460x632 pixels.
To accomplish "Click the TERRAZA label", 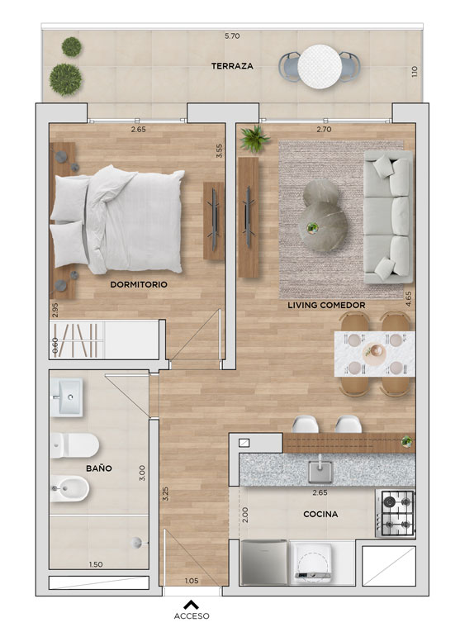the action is click(x=232, y=66).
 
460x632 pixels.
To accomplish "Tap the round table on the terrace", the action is click(x=320, y=67).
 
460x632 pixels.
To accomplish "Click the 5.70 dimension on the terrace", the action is click(x=232, y=36).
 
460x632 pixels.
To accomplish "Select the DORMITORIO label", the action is click(x=139, y=284).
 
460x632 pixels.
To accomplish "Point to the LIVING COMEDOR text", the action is click(x=326, y=305).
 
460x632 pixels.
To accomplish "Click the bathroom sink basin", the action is click(x=66, y=397).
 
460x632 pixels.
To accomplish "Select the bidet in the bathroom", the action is click(x=69, y=488).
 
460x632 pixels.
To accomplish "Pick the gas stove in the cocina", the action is click(x=395, y=514).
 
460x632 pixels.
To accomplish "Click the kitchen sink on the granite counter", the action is click(x=320, y=472).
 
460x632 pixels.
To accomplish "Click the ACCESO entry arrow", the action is click(x=192, y=605).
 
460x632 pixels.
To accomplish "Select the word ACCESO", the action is click(x=192, y=615).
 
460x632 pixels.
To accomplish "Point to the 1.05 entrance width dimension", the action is click(x=192, y=581).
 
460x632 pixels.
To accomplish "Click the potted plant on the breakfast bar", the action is click(x=407, y=441).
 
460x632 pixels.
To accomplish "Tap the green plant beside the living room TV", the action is click(x=254, y=139).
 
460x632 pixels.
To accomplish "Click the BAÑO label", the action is click(x=98, y=468).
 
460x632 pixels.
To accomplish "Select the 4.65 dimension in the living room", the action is click(x=409, y=299).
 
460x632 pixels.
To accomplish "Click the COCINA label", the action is click(x=320, y=514).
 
